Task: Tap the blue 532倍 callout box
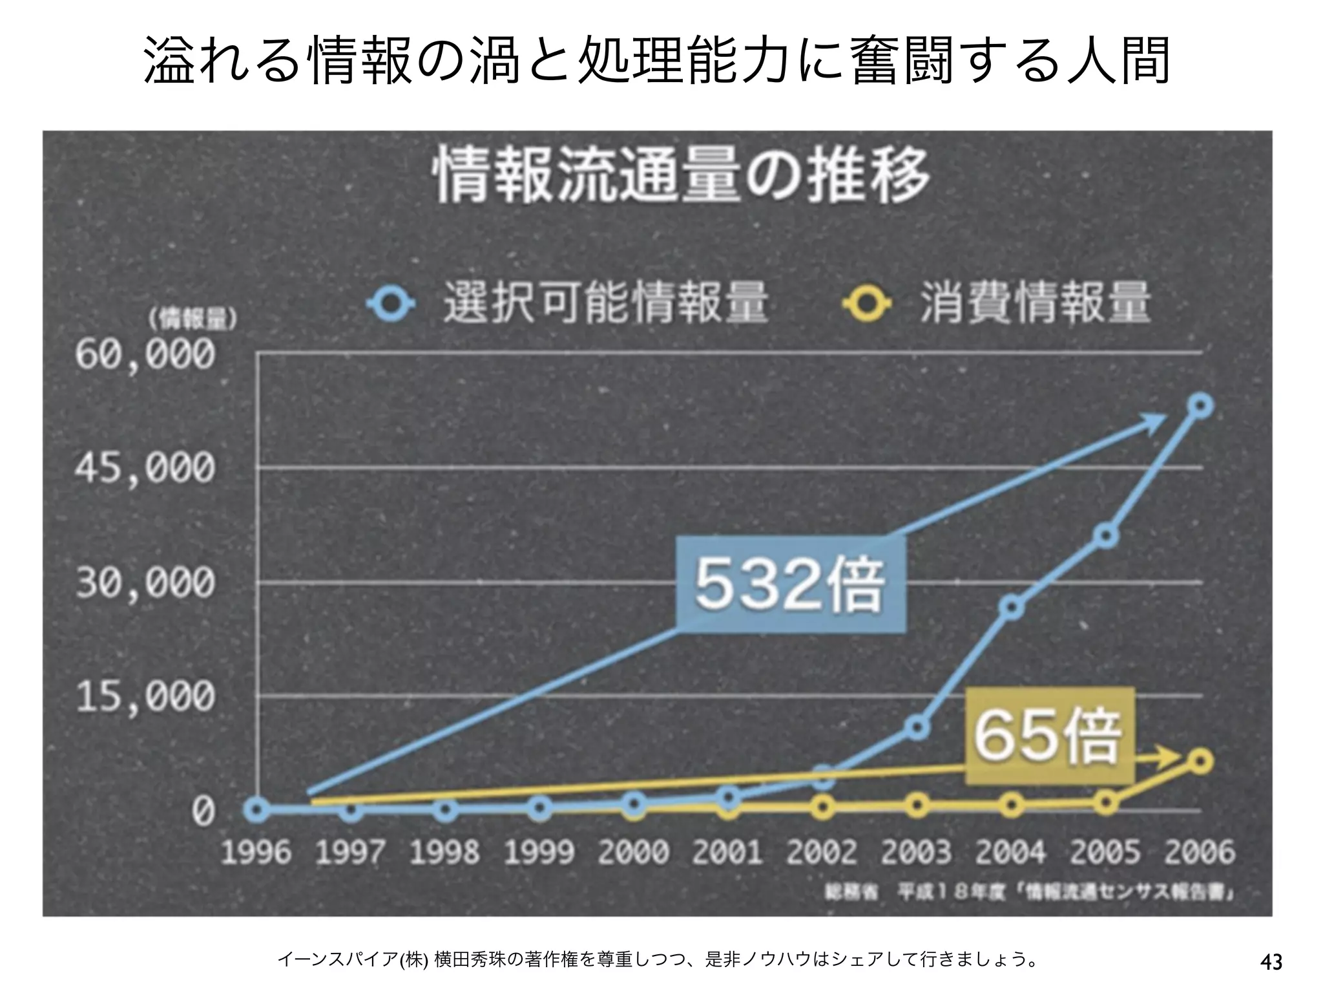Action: tap(791, 584)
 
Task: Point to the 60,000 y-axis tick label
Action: tap(145, 355)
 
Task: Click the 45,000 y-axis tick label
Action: tap(145, 468)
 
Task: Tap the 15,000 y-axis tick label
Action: tap(145, 697)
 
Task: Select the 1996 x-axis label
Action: tap(256, 852)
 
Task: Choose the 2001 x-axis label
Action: tap(728, 852)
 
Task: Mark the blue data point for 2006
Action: tap(1201, 406)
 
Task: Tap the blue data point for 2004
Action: tap(1012, 608)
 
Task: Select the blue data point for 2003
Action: tap(917, 728)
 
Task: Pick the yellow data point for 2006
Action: tap(1201, 762)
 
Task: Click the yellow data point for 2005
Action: tap(1106, 803)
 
